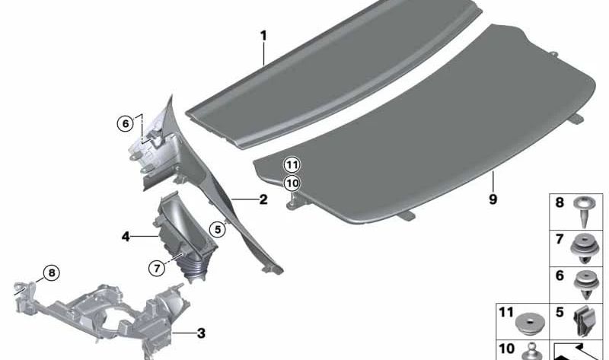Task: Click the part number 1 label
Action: point(263,36)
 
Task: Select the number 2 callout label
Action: point(263,200)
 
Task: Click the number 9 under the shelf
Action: point(493,199)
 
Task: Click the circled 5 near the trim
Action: point(217,228)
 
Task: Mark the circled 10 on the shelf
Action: point(293,183)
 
